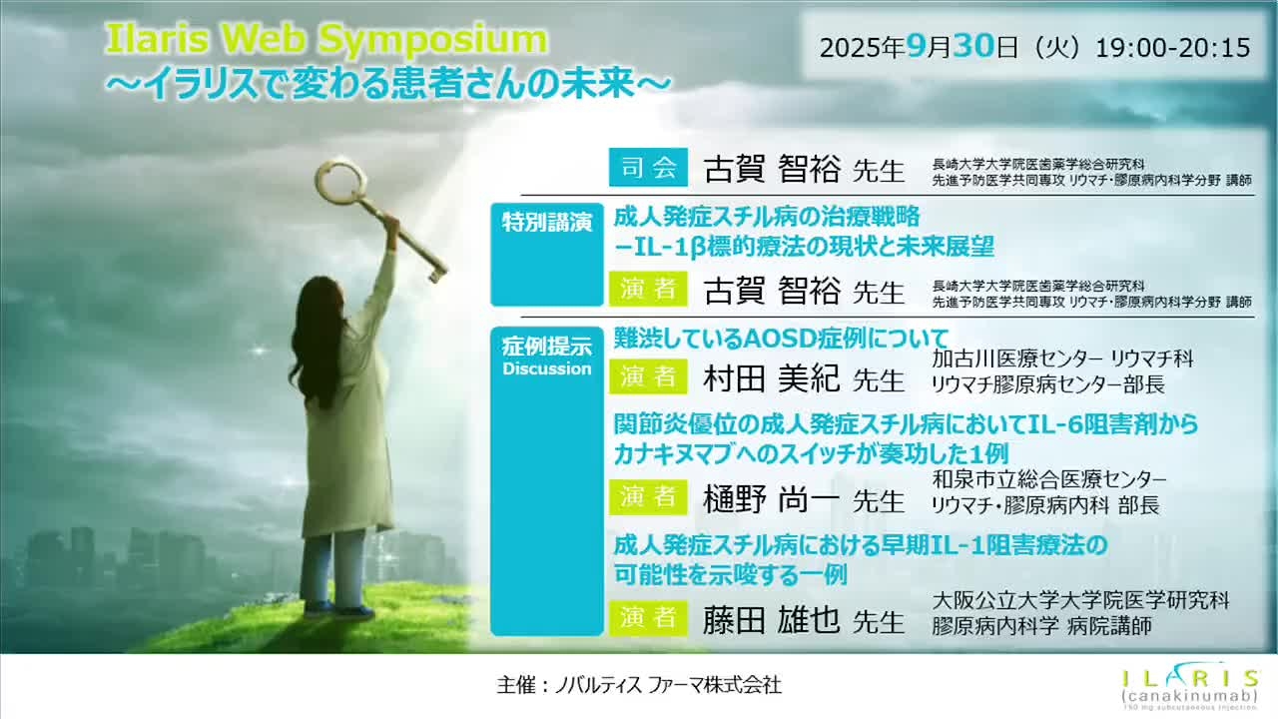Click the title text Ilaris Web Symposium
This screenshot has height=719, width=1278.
pyautogui.click(x=326, y=40)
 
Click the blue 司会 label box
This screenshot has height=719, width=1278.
pyautogui.click(x=648, y=168)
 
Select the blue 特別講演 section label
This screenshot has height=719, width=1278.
pyautogui.click(x=546, y=222)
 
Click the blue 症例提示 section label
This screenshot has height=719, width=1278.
pyautogui.click(x=546, y=348)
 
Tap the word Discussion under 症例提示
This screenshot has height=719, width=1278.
pyautogui.click(x=546, y=368)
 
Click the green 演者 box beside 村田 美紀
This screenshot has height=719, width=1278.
pyautogui.click(x=648, y=376)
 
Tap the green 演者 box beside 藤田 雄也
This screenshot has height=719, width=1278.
pyautogui.click(x=648, y=617)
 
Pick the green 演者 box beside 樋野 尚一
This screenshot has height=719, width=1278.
pyautogui.click(x=648, y=496)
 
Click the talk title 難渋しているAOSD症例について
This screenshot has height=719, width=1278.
pyautogui.click(x=780, y=339)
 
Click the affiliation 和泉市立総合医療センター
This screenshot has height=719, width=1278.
pyautogui.click(x=1048, y=480)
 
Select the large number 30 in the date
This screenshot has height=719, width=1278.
pyautogui.click(x=972, y=46)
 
